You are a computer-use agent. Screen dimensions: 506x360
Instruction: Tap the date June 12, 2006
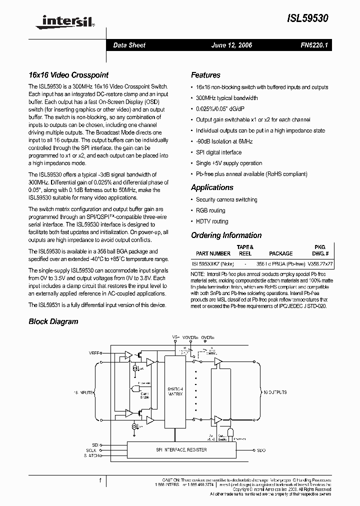(x=231, y=45)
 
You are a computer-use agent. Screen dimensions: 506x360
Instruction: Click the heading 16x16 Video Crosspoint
(x=68, y=75)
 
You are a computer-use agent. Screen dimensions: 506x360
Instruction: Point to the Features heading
(x=205, y=75)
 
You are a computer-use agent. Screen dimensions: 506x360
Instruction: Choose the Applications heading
(x=212, y=187)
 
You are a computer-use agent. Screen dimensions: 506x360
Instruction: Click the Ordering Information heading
(x=226, y=235)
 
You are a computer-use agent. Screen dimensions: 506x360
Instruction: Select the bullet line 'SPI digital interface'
(x=218, y=152)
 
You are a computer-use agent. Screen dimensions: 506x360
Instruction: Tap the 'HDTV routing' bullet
(x=212, y=221)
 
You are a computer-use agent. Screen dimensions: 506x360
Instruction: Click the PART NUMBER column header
(x=213, y=253)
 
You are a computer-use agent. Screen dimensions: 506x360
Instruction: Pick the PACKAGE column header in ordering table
(x=280, y=253)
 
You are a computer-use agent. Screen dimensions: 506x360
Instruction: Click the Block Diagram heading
(x=53, y=321)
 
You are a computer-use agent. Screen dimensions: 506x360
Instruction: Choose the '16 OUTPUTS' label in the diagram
(x=275, y=393)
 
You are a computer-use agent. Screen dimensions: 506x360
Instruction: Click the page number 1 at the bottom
(x=100, y=480)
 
